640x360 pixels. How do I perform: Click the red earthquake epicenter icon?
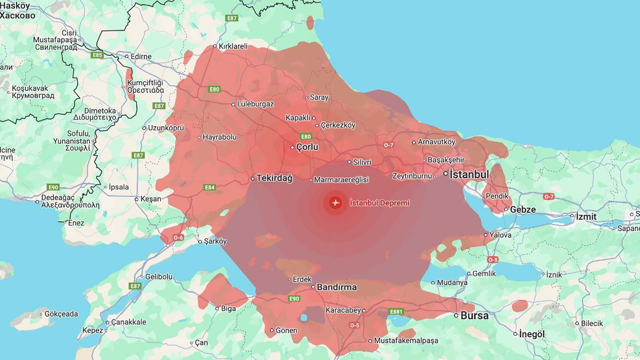336,203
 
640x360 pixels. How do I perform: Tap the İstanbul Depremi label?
379,203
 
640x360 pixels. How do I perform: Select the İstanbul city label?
469,174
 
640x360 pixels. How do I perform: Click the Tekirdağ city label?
274,178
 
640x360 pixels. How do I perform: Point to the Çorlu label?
307,147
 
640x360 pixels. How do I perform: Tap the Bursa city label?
474,316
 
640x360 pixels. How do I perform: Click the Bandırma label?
336,287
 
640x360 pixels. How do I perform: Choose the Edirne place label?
141,56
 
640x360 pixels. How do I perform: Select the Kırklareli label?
233,46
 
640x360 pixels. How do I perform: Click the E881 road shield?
396,312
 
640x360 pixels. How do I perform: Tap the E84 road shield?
210,187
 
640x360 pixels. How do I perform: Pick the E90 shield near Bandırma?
294,298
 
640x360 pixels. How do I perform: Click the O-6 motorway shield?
178,238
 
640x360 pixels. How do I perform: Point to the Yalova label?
500,235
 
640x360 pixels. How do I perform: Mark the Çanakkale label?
128,322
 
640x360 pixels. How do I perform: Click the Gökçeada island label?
61,314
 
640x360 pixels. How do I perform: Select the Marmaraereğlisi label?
341,180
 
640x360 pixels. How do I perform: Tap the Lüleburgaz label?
255,104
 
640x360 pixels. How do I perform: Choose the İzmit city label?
586,216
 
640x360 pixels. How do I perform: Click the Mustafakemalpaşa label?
406,340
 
